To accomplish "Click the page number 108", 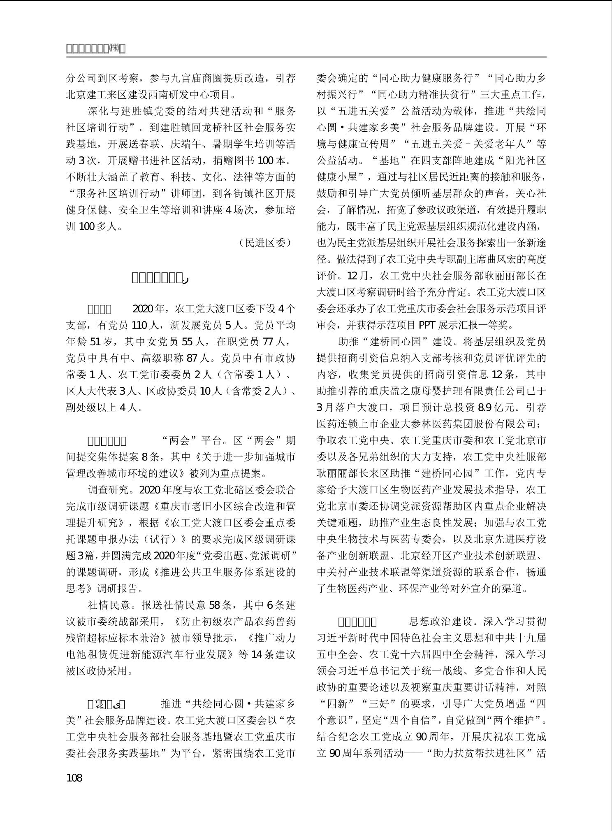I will coord(74,777).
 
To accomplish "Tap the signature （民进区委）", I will coord(265,243).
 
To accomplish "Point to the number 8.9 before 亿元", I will coord(486,407).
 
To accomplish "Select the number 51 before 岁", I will coord(95,342).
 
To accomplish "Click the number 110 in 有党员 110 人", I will coord(140,325).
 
